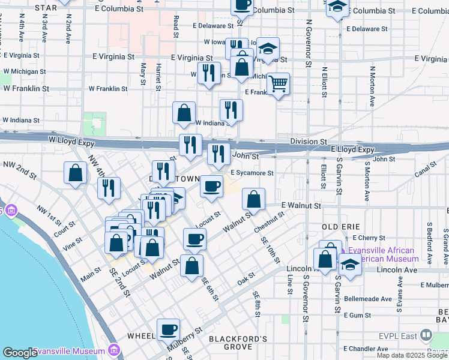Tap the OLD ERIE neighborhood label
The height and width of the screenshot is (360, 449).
pyautogui.click(x=340, y=226)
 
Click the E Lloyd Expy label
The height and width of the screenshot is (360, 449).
pyautogui.click(x=352, y=150)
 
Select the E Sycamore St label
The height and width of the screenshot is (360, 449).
pyautogui.click(x=252, y=173)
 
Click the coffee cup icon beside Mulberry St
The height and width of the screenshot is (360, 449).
pyautogui.click(x=169, y=329)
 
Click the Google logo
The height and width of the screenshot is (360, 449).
pyautogui.click(x=20, y=353)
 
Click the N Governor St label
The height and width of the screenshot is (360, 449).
pyautogui.click(x=308, y=43)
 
